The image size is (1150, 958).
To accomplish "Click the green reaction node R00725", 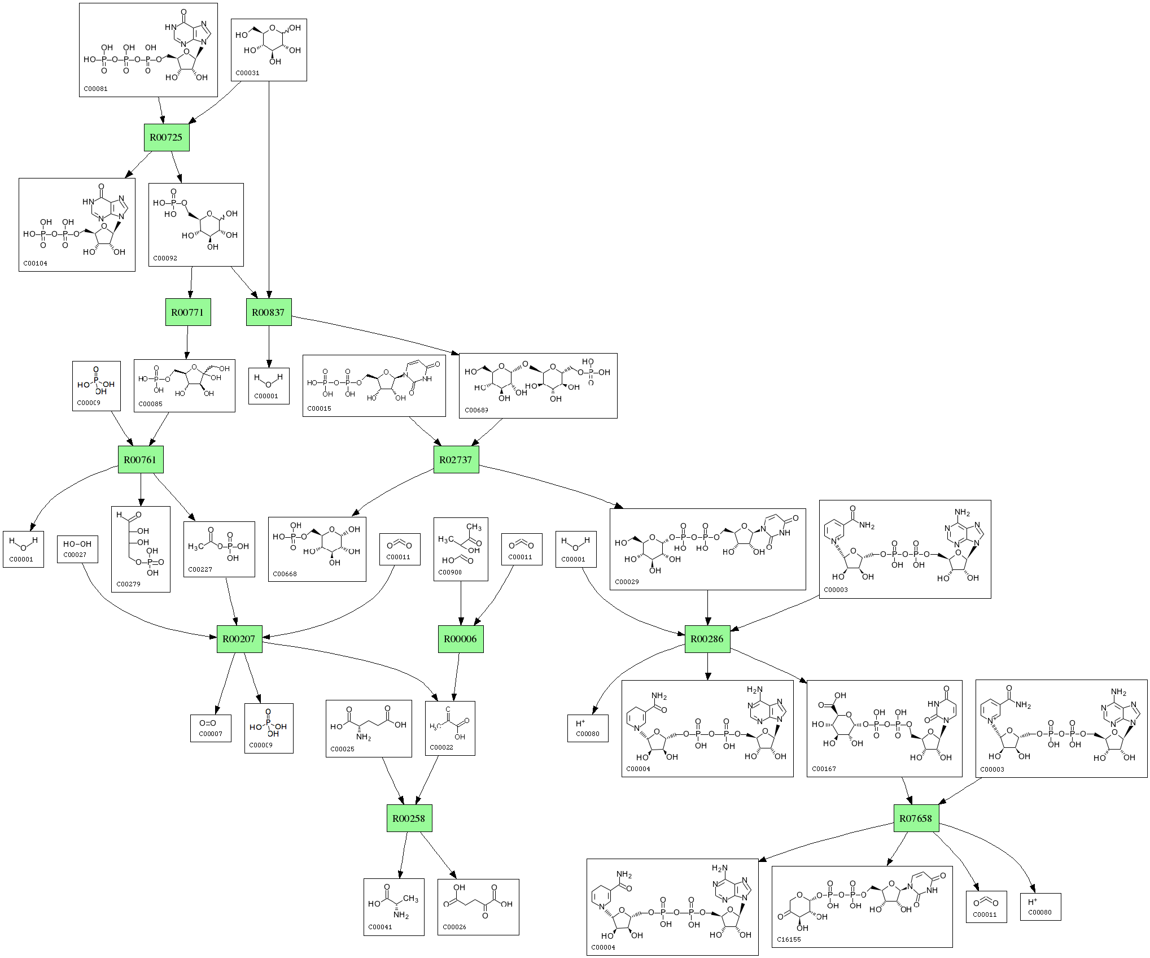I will click(x=167, y=137).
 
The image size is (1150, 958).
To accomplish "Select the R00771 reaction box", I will click(x=188, y=312).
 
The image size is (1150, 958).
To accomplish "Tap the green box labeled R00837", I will click(x=269, y=312).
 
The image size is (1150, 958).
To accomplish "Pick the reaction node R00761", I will click(x=140, y=460).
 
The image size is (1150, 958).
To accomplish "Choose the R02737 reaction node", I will click(x=456, y=460).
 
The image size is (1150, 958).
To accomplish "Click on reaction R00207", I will click(x=239, y=639).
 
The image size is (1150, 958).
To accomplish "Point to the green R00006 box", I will click(x=461, y=639).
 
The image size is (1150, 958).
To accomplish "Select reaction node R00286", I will click(x=707, y=639).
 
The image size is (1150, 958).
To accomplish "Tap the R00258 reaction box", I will click(x=409, y=818).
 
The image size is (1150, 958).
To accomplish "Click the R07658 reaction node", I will click(x=916, y=818).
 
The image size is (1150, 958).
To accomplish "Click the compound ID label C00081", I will click(x=95, y=89).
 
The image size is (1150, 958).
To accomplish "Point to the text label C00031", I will click(x=247, y=73).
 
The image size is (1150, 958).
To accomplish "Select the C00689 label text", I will click(x=476, y=410).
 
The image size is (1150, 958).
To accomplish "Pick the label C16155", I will click(x=789, y=939).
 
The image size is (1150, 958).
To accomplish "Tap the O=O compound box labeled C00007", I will click(x=211, y=728).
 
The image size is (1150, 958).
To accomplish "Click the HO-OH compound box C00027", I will click(x=77, y=549).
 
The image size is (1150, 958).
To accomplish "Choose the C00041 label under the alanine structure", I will click(x=380, y=927).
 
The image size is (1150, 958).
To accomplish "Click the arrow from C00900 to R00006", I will click(x=461, y=603).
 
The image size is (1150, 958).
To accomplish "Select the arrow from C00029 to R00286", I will click(x=707, y=608).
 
